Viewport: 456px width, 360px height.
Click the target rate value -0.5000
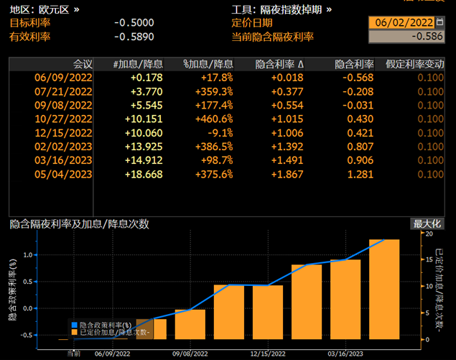click(x=134, y=22)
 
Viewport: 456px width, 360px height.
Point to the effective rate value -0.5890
click(x=134, y=36)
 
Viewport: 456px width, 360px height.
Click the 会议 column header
click(x=83, y=64)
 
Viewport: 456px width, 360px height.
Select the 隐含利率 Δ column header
click(x=280, y=64)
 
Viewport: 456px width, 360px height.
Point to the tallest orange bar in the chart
click(x=384, y=287)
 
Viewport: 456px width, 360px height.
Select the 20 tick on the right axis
click(x=429, y=234)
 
